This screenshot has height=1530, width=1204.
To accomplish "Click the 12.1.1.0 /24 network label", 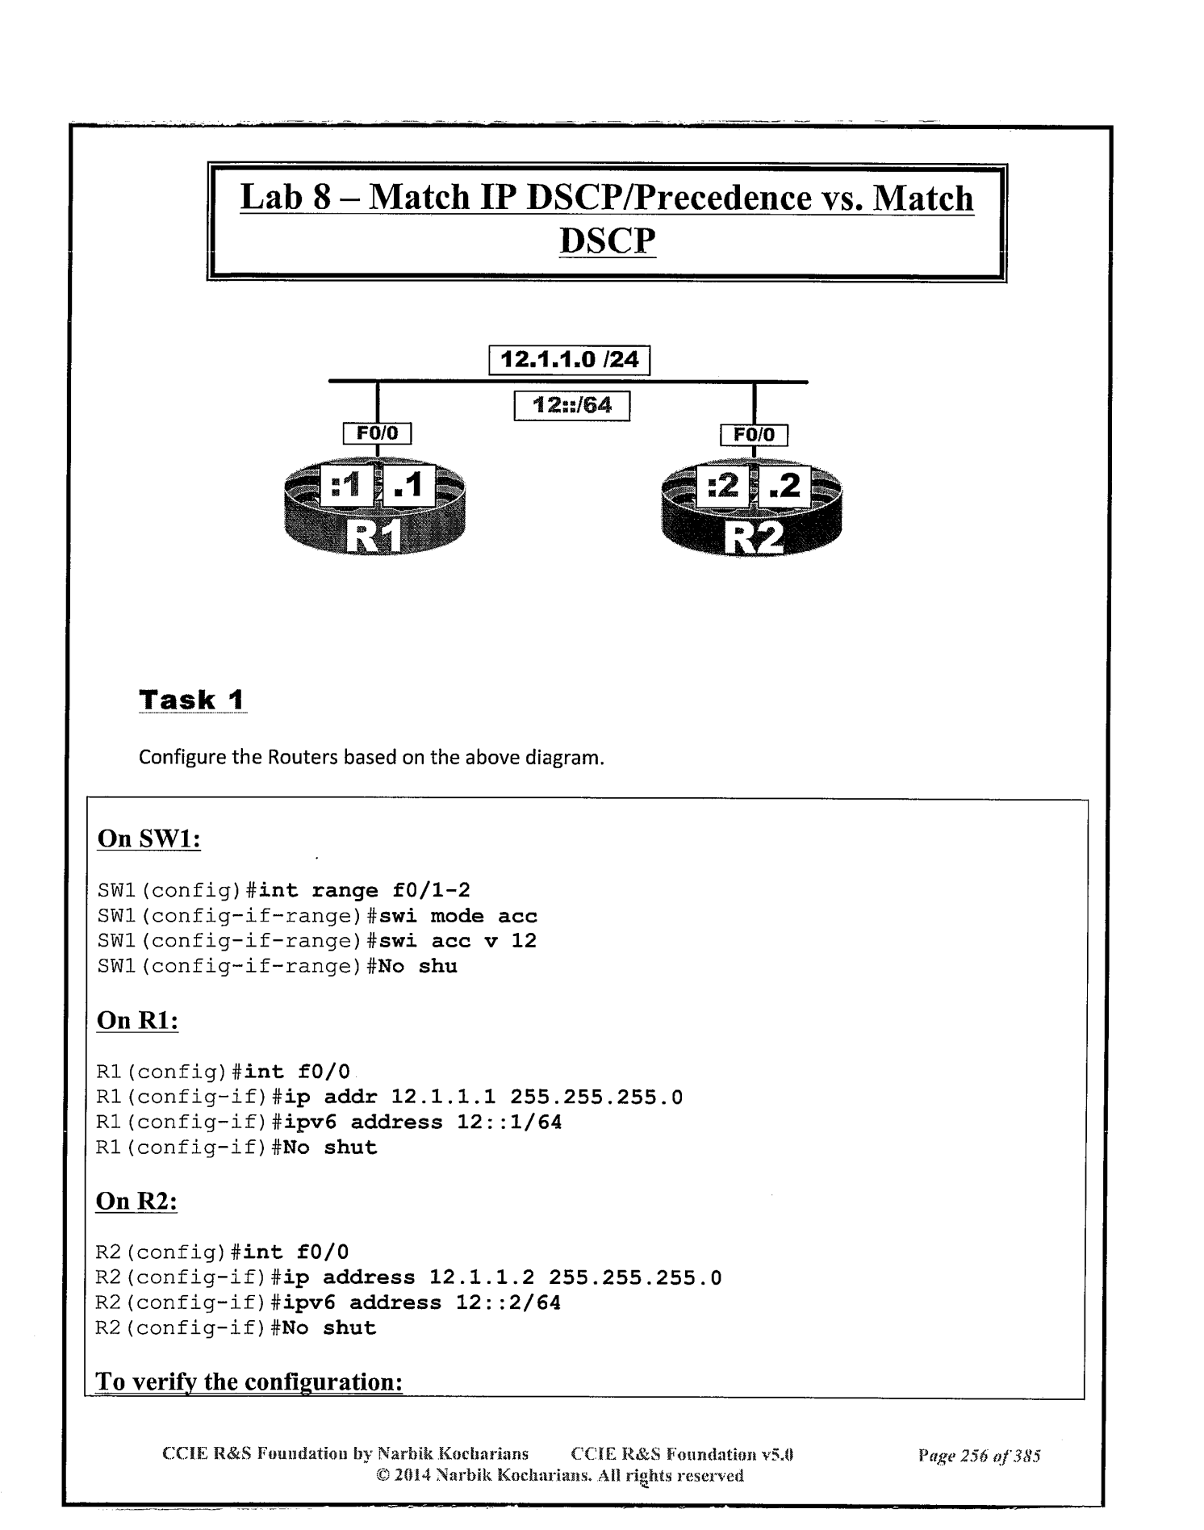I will click(x=570, y=359).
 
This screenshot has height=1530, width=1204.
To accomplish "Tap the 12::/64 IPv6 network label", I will click(x=571, y=405).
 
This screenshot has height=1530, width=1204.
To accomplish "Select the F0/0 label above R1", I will click(x=378, y=434).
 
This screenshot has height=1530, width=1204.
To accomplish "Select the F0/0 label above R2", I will click(x=754, y=436).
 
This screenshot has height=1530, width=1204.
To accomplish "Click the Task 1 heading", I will click(x=192, y=700).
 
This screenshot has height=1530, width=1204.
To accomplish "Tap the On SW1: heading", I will click(x=148, y=838).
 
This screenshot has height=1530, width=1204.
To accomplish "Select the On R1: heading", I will click(x=137, y=1020).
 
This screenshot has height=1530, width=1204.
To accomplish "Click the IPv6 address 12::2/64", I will click(x=508, y=1302).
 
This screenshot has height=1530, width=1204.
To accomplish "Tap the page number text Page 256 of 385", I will click(x=979, y=1456).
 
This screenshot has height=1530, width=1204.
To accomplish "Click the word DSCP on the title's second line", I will click(x=607, y=240).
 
